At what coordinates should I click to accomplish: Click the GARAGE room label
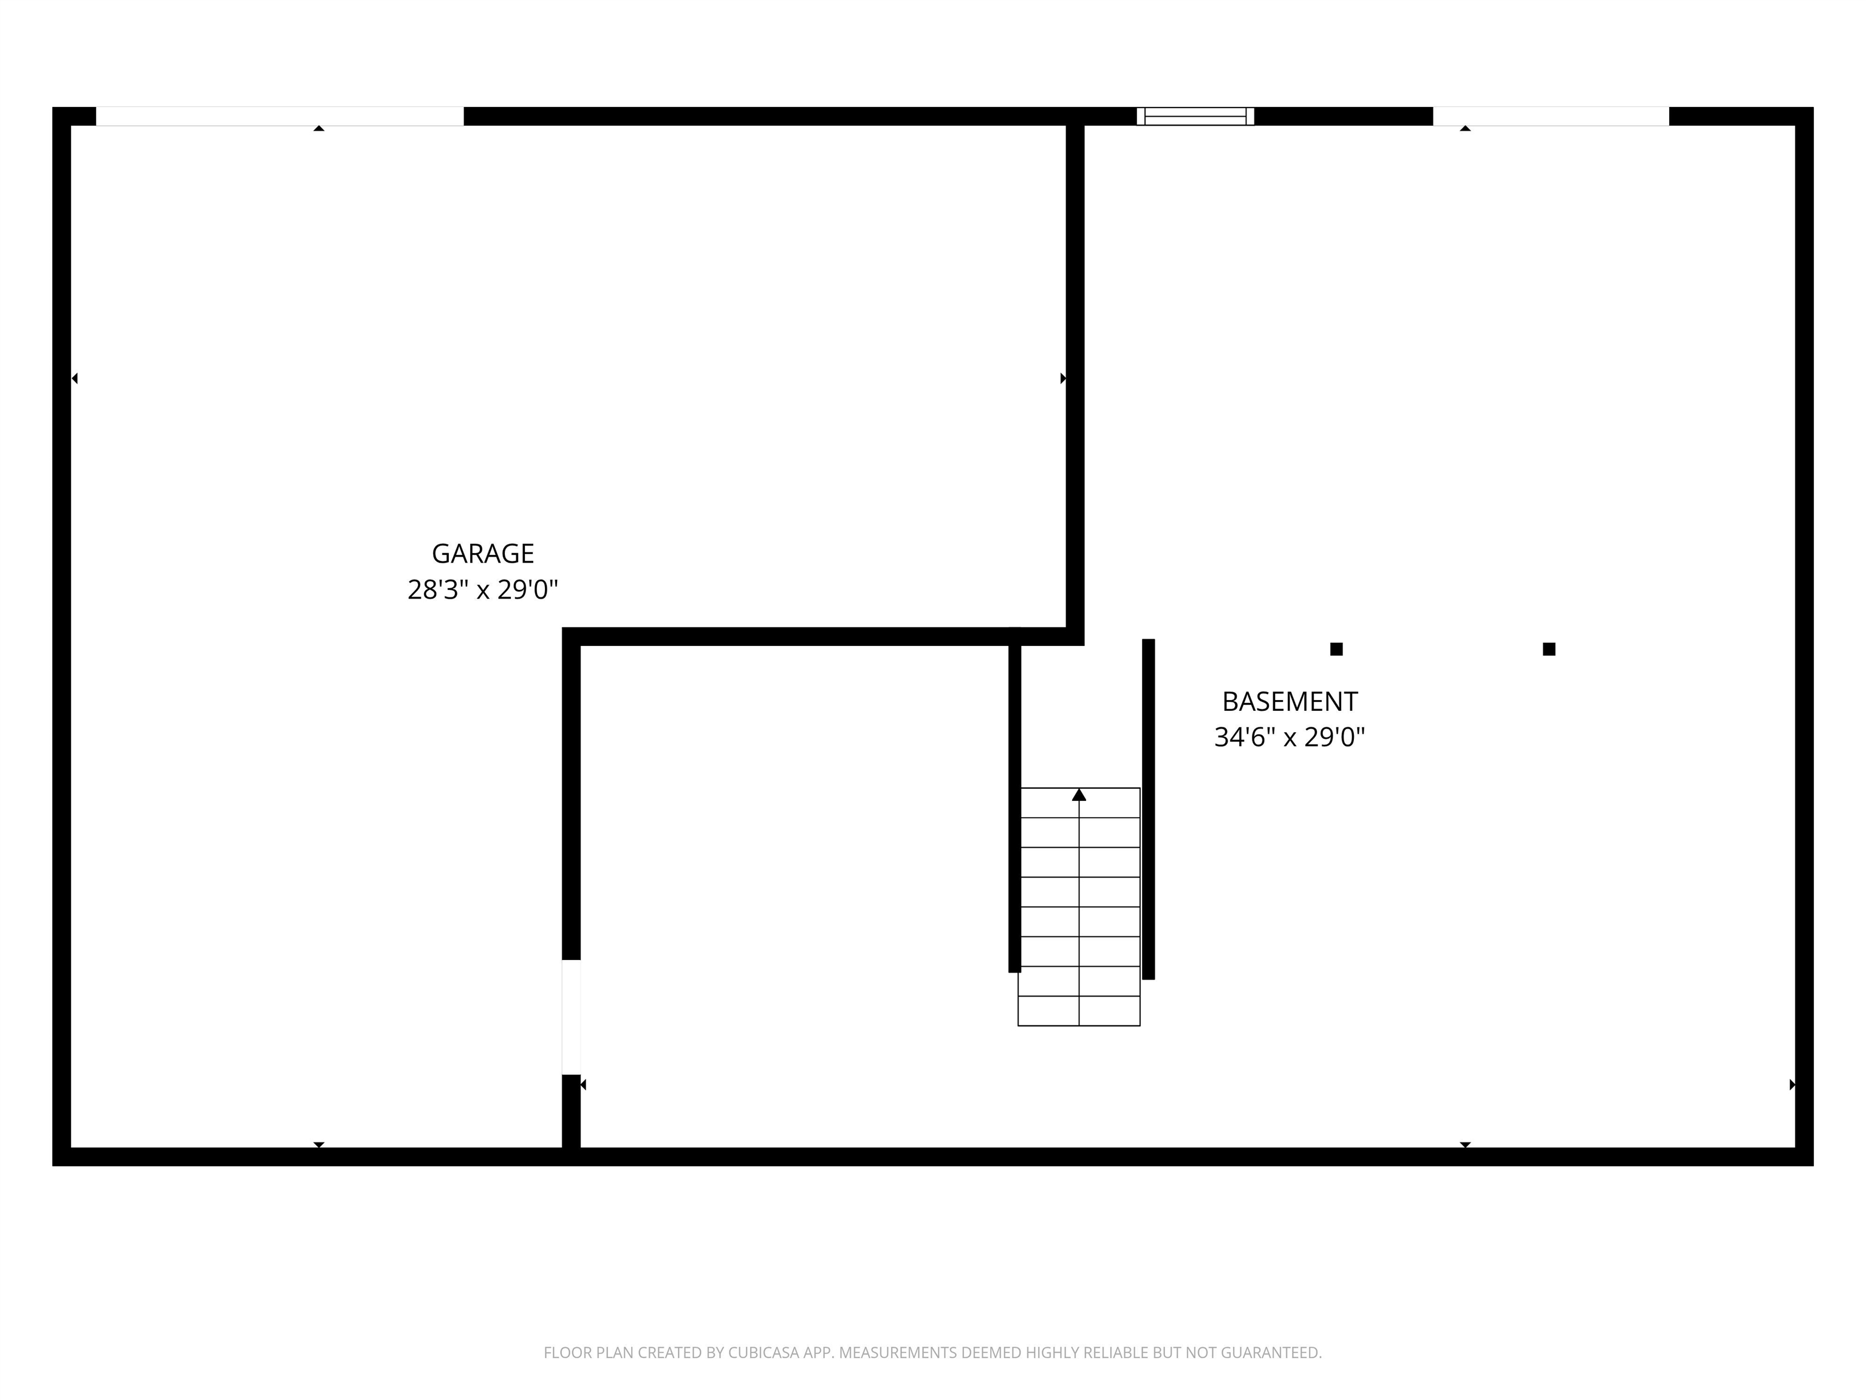[482, 554]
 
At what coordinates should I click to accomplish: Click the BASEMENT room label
[1289, 701]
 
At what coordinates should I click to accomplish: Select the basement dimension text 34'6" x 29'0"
[1289, 738]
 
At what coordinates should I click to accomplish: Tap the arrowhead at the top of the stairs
[1079, 795]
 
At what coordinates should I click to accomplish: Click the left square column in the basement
[1336, 649]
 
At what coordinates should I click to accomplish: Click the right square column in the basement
[1549, 649]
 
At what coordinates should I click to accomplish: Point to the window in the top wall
[1195, 117]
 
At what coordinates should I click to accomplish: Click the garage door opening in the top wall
[279, 117]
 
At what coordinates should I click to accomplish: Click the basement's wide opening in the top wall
[1551, 117]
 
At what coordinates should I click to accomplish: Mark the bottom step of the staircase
[1079, 1011]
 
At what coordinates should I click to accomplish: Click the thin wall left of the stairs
[1015, 801]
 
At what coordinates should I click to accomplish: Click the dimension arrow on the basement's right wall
[1792, 1085]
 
